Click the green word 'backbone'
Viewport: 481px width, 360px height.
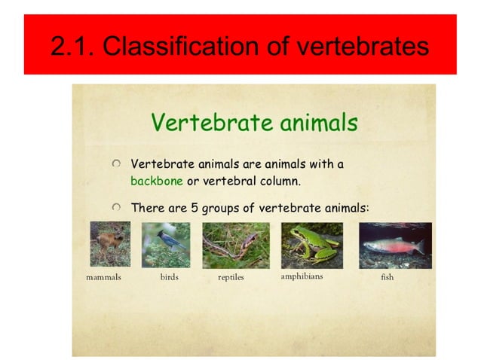157,182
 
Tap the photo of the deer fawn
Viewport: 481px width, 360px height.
109,244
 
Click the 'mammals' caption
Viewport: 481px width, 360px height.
103,277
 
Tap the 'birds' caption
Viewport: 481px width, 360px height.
170,277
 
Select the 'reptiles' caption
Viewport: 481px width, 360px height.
231,277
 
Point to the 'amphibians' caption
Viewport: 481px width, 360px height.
302,276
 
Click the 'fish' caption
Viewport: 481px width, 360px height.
387,277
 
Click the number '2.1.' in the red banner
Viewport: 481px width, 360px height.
72,46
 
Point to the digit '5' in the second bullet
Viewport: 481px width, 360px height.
194,207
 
